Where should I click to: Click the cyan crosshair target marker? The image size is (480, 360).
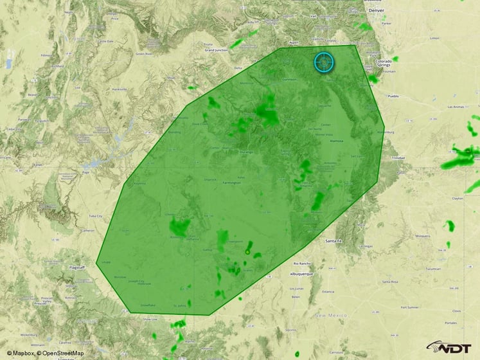click(x=324, y=62)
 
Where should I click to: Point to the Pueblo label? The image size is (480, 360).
click(x=394, y=96)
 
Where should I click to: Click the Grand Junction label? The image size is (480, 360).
click(x=217, y=50)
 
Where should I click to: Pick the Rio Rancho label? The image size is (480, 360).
click(x=302, y=264)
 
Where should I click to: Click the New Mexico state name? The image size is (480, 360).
click(x=332, y=316)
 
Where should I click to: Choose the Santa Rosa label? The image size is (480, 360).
click(x=390, y=282)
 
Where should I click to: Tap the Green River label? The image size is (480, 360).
click(x=143, y=54)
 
